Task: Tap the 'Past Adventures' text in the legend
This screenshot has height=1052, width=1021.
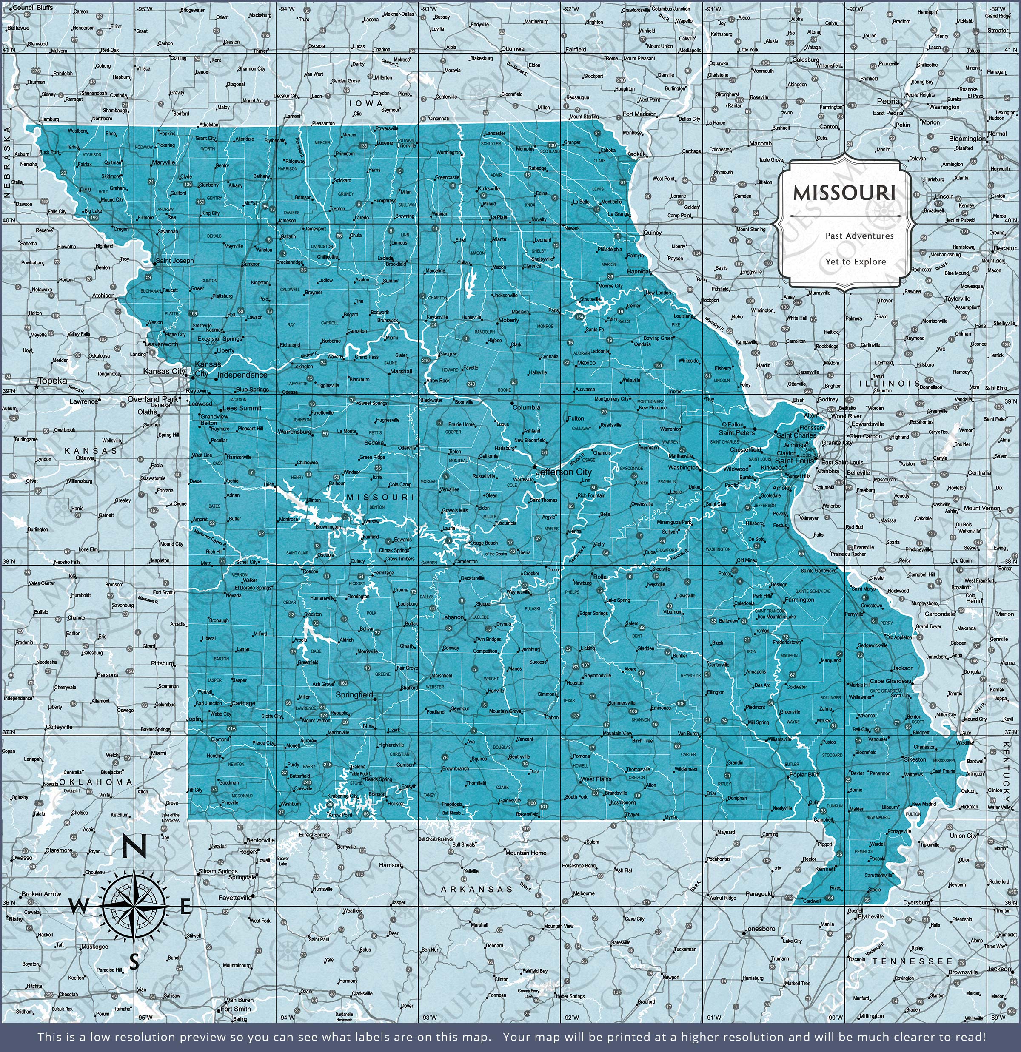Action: pyautogui.click(x=859, y=236)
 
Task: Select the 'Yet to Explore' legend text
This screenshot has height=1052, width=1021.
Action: pyautogui.click(x=856, y=262)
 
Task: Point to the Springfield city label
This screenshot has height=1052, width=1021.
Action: pyautogui.click(x=354, y=694)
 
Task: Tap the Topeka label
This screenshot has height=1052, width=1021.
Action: pyautogui.click(x=53, y=381)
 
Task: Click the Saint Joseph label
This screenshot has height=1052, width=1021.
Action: pyautogui.click(x=174, y=261)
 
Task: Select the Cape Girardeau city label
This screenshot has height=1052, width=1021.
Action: pyautogui.click(x=891, y=681)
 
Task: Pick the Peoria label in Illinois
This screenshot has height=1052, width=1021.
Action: pyautogui.click(x=888, y=102)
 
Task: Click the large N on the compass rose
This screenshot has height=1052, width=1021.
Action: pyautogui.click(x=133, y=847)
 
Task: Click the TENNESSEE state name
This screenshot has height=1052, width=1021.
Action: pyautogui.click(x=912, y=961)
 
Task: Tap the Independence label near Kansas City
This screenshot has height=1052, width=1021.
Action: pyautogui.click(x=242, y=375)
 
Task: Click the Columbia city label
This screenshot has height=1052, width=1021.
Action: pyautogui.click(x=526, y=407)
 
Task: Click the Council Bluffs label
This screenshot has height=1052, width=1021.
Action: pyautogui.click(x=33, y=8)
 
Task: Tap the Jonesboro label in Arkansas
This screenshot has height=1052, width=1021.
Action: pyautogui.click(x=759, y=929)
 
